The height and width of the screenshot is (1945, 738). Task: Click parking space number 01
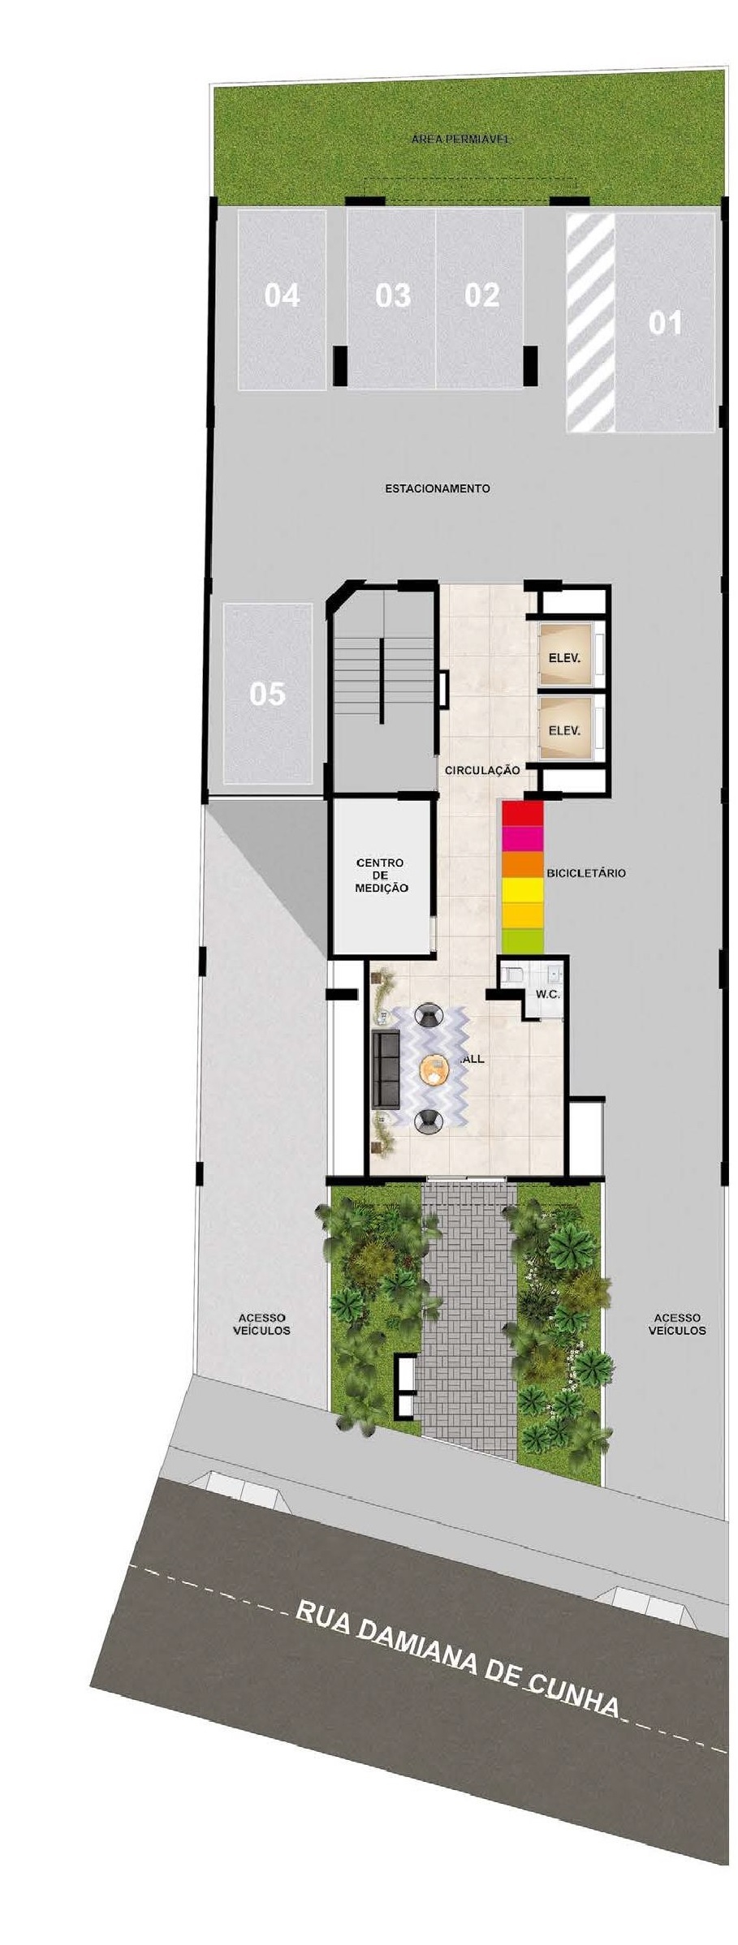click(665, 323)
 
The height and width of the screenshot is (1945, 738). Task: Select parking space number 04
click(282, 296)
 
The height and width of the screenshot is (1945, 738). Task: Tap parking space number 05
click(267, 694)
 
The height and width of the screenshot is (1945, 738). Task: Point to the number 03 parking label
click(393, 296)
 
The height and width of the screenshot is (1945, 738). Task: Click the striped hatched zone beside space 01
click(590, 321)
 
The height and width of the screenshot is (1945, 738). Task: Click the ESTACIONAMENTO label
click(437, 488)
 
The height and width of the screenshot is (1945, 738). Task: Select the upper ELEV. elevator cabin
click(564, 657)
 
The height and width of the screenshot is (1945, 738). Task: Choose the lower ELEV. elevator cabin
click(564, 730)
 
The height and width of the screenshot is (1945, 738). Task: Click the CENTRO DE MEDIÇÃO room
click(381, 876)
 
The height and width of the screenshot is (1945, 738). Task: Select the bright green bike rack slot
click(522, 941)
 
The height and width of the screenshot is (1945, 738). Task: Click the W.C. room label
click(547, 994)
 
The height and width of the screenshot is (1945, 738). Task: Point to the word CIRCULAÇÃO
click(481, 770)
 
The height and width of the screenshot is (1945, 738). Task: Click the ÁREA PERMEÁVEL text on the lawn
click(460, 139)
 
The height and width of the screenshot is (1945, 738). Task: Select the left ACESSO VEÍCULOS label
click(261, 1324)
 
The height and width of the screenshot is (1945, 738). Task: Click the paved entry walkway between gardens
click(469, 1315)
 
